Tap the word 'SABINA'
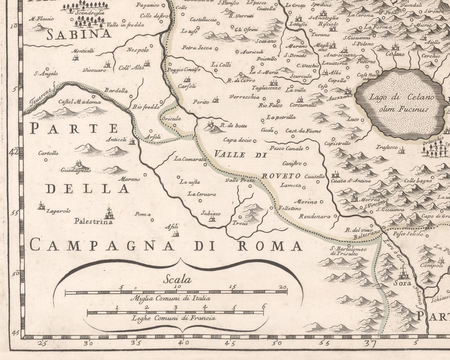pos(78,35)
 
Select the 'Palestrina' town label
pos(94,222)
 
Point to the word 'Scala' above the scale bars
pos(177,279)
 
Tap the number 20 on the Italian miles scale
pos(283,287)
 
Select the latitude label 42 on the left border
pos(14,152)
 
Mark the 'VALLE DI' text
pos(240,154)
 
